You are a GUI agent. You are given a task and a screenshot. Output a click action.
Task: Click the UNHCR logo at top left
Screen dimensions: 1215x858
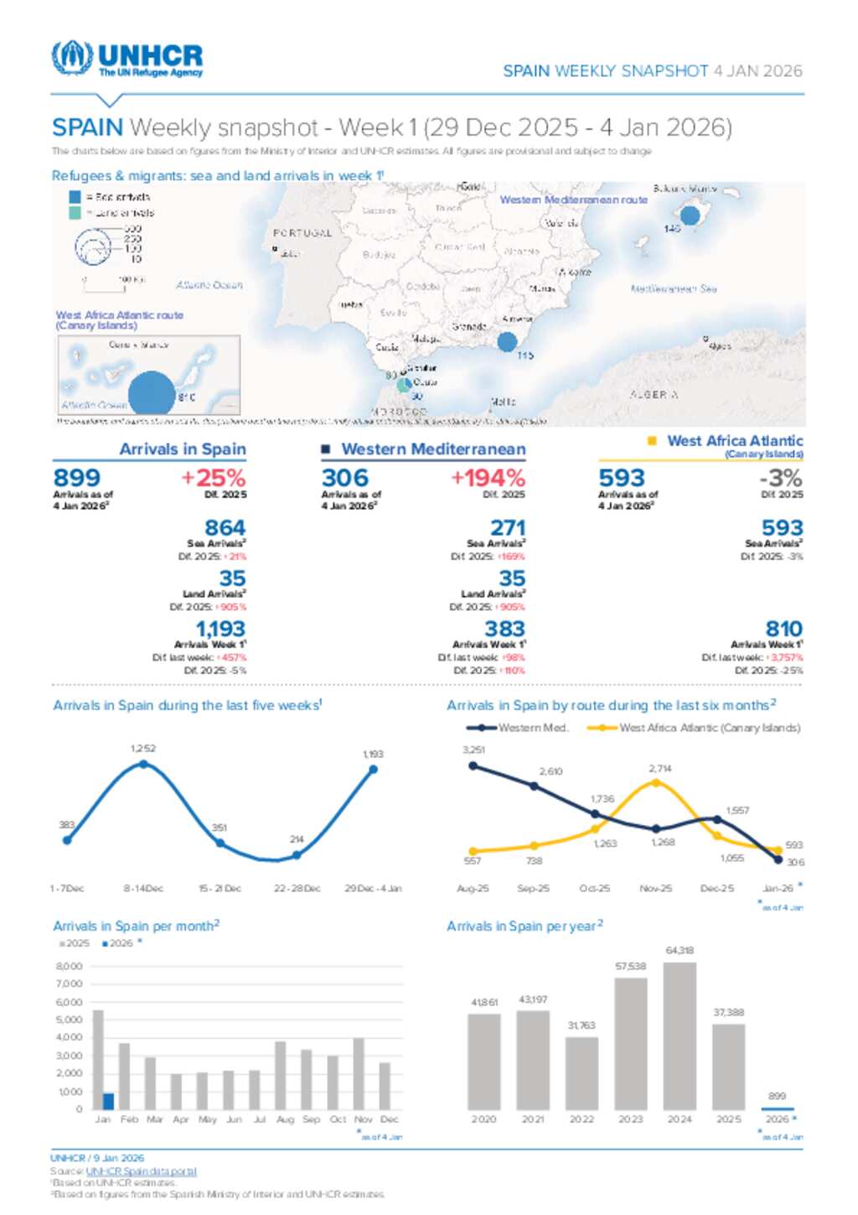click(127, 60)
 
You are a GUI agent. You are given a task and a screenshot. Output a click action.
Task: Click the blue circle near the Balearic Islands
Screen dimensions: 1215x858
click(690, 215)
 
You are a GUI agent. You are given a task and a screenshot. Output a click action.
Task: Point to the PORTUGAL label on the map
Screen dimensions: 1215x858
click(302, 233)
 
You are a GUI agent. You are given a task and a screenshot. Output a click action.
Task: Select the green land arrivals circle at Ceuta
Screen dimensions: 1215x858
click(404, 385)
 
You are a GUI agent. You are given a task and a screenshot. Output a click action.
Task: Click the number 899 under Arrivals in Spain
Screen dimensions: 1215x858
click(77, 478)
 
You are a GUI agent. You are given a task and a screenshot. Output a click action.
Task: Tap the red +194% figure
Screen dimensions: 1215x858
click(488, 478)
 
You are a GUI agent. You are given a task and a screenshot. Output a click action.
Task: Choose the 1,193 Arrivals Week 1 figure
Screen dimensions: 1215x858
click(220, 629)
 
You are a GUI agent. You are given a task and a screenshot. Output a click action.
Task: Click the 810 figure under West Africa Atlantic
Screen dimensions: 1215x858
click(783, 629)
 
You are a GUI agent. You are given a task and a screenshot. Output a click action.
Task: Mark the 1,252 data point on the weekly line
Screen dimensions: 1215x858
click(143, 764)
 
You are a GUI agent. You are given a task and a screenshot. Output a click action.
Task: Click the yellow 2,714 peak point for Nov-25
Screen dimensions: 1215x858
click(656, 782)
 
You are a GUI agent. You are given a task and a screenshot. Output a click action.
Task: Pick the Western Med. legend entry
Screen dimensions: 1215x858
click(518, 728)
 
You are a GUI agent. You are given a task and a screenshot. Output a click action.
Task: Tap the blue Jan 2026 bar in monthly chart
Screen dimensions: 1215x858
click(108, 1101)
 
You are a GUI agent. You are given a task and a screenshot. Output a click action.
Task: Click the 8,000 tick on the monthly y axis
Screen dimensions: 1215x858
click(70, 967)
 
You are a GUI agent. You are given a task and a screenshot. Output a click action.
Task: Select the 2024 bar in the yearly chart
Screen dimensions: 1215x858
click(680, 1036)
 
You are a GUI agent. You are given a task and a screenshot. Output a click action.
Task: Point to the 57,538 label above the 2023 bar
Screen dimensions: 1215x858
click(630, 966)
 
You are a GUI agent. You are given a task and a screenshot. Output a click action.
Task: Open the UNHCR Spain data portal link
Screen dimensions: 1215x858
click(141, 1171)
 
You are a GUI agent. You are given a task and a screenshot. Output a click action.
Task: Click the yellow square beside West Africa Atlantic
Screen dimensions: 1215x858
click(652, 441)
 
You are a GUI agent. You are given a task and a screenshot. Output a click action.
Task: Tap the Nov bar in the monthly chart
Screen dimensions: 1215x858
click(359, 1074)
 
